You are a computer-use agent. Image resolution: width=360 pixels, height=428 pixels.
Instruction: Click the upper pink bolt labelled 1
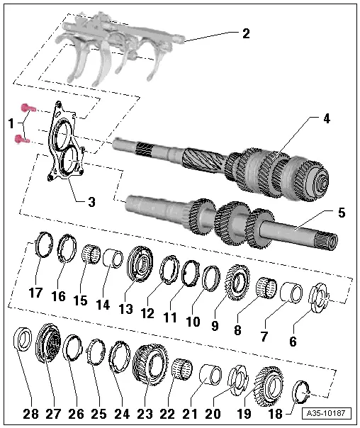28,108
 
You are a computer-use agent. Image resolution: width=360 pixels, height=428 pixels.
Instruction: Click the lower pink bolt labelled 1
22,139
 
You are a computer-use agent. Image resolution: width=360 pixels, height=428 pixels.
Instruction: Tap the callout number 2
246,34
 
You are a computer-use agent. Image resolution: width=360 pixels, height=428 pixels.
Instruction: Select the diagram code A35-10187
326,413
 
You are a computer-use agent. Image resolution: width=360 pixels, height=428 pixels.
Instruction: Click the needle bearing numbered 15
91,254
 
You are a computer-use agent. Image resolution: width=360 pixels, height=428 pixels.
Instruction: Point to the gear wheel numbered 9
237,282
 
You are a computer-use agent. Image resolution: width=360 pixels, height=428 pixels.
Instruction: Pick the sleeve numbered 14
113,259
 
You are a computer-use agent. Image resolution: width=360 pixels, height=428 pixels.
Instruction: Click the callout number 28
30,415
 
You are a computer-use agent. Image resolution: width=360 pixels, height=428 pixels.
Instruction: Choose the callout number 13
126,309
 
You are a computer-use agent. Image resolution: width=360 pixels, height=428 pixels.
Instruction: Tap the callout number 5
342,213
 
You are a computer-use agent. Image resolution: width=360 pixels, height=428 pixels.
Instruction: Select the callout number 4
326,119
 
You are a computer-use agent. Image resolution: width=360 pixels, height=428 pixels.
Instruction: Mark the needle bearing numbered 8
266,288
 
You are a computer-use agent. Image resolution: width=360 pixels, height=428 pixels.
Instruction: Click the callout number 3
91,202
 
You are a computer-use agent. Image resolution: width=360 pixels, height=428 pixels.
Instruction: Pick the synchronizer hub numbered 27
48,344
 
